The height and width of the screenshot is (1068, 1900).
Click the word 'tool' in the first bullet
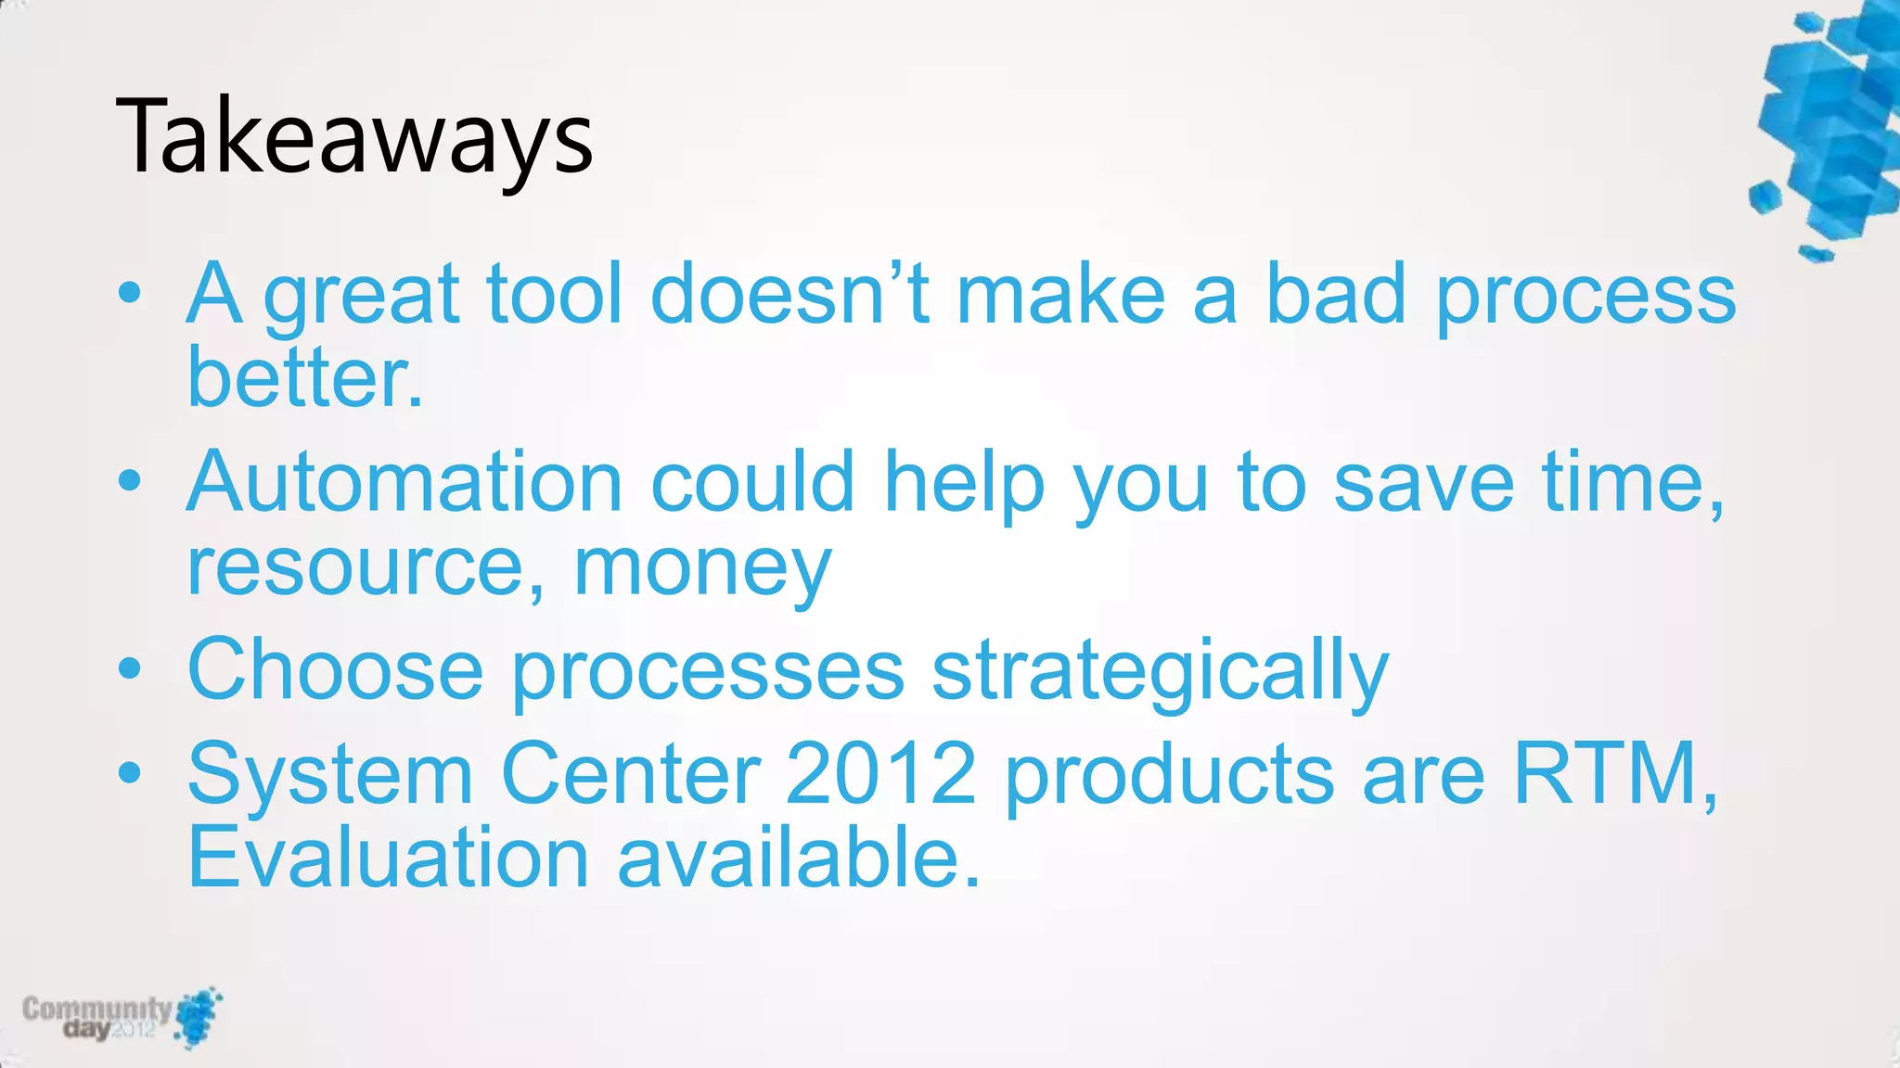click(x=554, y=295)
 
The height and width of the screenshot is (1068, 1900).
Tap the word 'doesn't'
click(x=790, y=295)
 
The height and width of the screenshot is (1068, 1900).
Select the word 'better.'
click(x=305, y=378)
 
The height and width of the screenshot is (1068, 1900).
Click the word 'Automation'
click(x=404, y=482)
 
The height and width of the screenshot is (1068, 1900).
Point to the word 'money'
click(x=702, y=567)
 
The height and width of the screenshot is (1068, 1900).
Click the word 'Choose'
click(x=335, y=669)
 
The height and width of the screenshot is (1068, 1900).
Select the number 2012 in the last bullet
click(x=880, y=773)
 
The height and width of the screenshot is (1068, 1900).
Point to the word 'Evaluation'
click(x=388, y=858)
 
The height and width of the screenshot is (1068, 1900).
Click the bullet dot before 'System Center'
click(x=130, y=771)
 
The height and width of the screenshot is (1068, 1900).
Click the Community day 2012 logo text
click(x=97, y=1017)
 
